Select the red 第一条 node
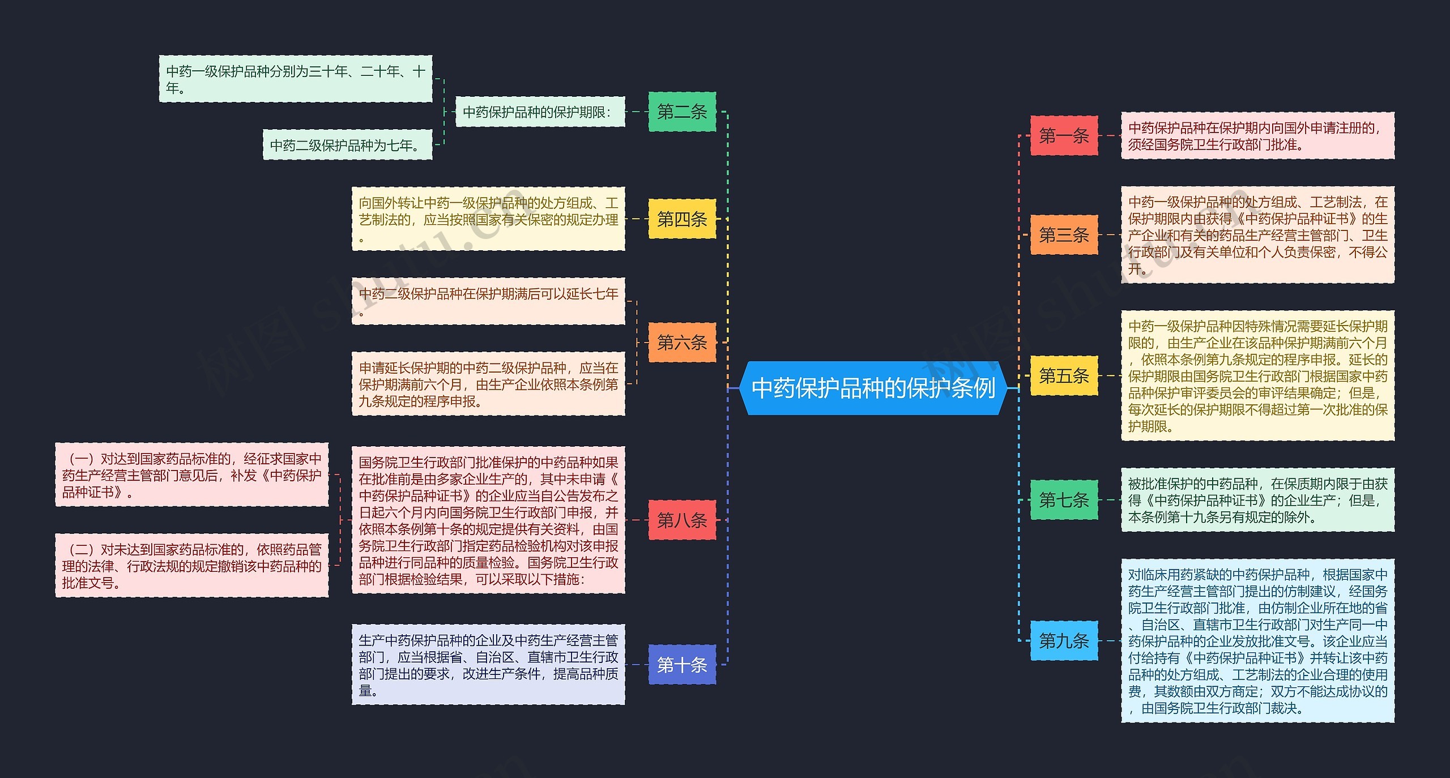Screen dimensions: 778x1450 1064,136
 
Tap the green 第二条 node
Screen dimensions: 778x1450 682,112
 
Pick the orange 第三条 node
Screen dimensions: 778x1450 1064,234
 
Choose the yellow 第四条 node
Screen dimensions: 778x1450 682,219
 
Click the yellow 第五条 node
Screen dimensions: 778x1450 1064,375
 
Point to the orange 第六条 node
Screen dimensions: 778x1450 682,342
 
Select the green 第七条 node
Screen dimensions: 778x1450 1064,499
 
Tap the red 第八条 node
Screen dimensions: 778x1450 682,520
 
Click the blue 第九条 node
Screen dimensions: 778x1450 1064,640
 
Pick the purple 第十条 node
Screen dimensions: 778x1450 682,664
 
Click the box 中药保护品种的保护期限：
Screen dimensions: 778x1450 540,112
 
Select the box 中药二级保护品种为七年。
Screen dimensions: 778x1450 347,145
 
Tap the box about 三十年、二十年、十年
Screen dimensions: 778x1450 295,79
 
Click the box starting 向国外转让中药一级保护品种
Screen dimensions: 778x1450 488,219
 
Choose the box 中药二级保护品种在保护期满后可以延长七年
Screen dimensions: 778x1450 488,301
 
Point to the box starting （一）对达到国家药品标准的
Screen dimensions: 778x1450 191,475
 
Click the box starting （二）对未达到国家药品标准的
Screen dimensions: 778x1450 191,565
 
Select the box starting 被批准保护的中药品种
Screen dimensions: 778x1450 1257,500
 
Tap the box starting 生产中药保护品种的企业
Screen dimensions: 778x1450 488,665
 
